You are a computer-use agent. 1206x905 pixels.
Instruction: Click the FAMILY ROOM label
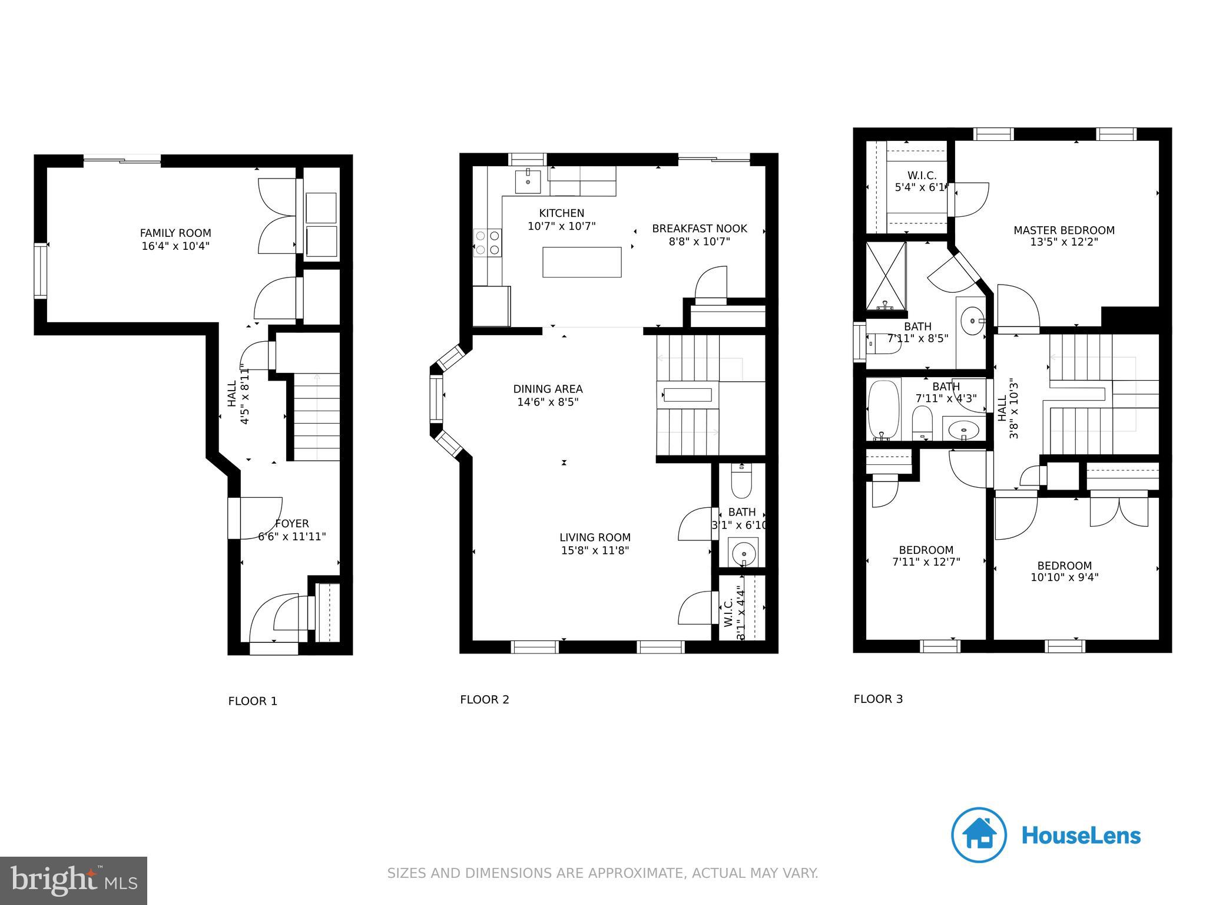coord(175,233)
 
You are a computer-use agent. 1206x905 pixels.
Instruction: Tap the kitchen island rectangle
coord(582,262)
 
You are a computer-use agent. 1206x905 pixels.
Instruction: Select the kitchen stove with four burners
coord(488,243)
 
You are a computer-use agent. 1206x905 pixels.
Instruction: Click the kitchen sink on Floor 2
coord(528,180)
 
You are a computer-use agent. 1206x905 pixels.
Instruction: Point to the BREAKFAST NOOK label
coord(699,229)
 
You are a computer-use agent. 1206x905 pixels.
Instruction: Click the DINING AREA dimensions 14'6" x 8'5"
coord(548,402)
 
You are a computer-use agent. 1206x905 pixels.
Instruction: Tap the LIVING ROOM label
coord(595,537)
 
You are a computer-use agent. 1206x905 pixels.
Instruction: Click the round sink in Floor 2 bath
coord(744,554)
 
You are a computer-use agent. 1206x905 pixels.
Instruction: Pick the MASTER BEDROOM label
coord(1063,230)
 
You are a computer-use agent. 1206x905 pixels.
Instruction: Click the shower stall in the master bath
coord(886,276)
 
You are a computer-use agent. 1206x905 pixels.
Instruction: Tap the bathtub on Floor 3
coord(884,410)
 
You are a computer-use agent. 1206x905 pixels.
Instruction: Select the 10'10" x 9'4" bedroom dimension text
coord(1064,578)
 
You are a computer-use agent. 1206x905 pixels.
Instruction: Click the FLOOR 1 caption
coord(253,701)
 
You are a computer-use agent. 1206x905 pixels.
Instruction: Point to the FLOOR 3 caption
coord(878,699)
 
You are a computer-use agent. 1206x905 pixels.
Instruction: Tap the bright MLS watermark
coord(74,881)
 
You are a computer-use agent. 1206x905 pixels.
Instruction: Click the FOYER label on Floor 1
coord(291,524)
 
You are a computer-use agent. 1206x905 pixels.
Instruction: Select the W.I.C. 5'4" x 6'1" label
coord(921,181)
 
